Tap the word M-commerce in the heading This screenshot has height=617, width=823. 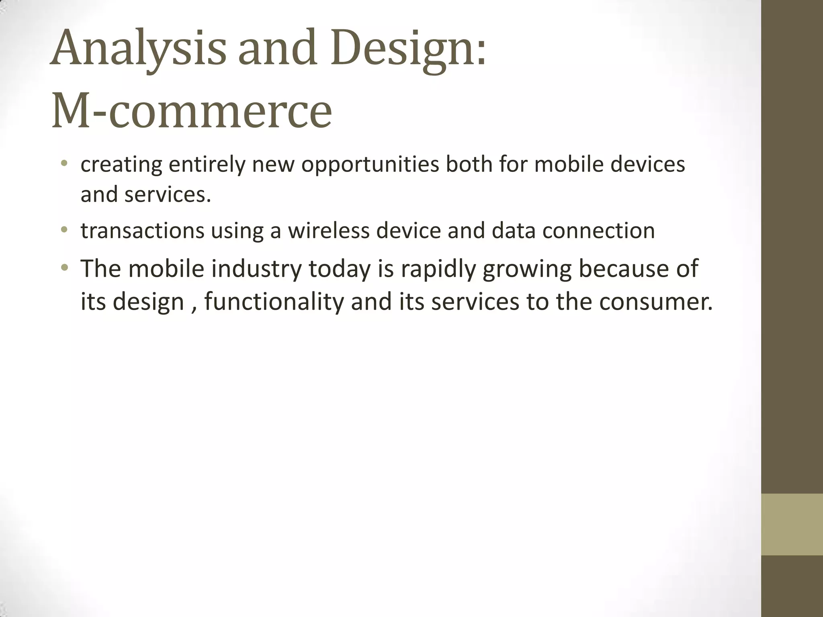[192, 110]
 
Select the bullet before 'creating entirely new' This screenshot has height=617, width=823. [64, 163]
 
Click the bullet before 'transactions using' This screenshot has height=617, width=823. [64, 230]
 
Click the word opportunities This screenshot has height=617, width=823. [370, 165]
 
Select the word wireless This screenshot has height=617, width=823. [328, 231]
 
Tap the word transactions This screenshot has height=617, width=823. [142, 231]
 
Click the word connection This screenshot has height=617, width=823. [598, 231]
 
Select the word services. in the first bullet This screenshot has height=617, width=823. [168, 195]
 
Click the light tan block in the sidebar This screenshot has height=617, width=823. [792, 524]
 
